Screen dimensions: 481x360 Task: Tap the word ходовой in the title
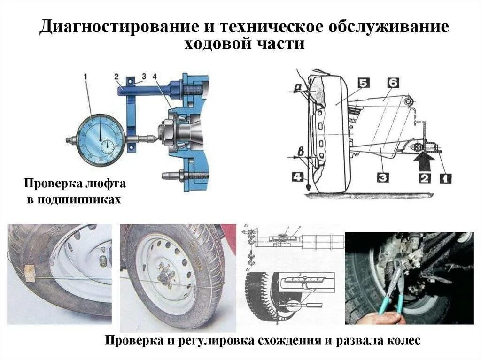point(219,44)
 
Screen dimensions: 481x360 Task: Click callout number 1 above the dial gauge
point(85,76)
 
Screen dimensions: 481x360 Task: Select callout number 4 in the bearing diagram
point(155,76)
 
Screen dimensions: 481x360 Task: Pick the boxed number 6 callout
point(393,83)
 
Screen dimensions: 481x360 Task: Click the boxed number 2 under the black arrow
point(424,178)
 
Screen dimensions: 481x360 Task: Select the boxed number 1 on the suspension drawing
point(444,178)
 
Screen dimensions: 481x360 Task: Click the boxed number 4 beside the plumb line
point(296,177)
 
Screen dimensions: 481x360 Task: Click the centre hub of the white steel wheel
point(164,277)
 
